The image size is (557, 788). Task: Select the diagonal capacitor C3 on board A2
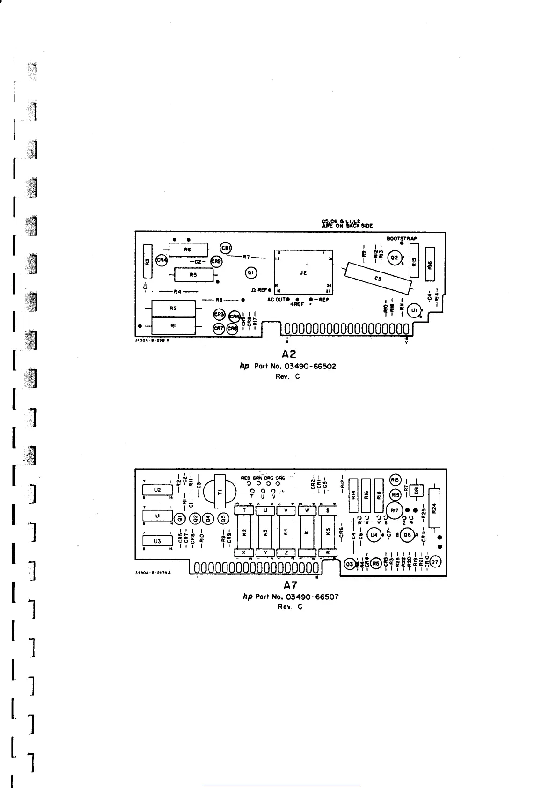point(378,279)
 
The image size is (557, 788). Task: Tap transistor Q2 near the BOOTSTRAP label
point(395,258)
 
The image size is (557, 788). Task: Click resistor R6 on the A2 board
point(188,250)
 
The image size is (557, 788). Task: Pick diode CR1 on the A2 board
point(226,248)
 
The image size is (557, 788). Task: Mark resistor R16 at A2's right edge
point(430,264)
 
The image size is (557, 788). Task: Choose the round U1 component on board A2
point(414,310)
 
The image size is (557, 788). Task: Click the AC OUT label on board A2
point(276,299)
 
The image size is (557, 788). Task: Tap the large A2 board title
point(289,355)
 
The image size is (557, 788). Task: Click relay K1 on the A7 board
point(307,532)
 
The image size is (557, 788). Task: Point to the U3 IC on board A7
point(157,541)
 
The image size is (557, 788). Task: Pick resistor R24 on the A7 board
point(434,508)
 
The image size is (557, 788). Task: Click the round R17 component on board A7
point(395,510)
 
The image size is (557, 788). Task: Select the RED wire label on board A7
point(246,478)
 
